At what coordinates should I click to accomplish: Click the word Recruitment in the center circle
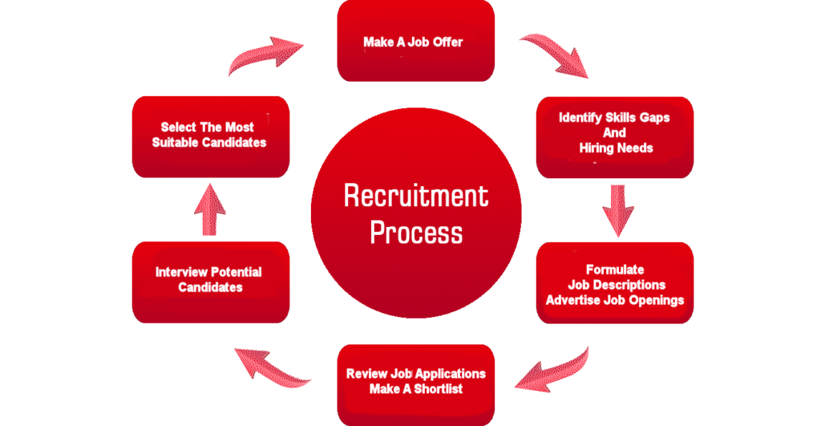[x=415, y=196]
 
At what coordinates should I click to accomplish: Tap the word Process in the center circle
[x=415, y=233]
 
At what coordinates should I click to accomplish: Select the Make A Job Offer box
[x=415, y=41]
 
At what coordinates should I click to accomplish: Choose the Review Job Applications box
[x=415, y=383]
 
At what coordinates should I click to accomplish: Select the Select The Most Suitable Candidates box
[x=209, y=136]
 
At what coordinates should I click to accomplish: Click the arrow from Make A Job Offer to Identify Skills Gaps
[x=553, y=56]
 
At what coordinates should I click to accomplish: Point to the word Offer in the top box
[x=447, y=42]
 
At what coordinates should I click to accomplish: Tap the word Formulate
[x=615, y=270]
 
